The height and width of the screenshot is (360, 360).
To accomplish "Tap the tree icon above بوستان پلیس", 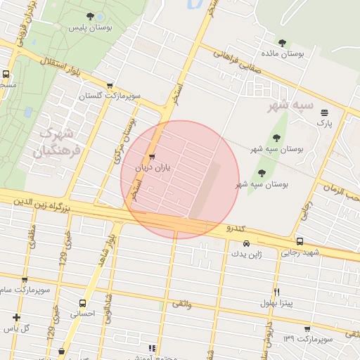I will pyautogui.click(x=89, y=15).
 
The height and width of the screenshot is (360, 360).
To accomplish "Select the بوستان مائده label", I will pyautogui.click(x=283, y=54).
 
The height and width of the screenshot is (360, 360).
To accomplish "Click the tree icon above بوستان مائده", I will pyautogui.click(x=283, y=43).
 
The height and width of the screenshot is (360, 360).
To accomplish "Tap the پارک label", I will pyautogui.click(x=323, y=123).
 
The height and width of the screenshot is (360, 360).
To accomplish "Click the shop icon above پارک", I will pyautogui.click(x=324, y=112).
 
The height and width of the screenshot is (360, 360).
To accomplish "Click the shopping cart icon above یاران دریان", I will pyautogui.click(x=153, y=157).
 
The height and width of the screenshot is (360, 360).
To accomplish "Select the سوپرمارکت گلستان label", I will pyautogui.click(x=110, y=95).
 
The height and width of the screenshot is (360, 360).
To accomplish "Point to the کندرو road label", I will pyautogui.click(x=234, y=229).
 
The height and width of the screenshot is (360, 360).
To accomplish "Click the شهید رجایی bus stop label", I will pyautogui.click(x=301, y=252).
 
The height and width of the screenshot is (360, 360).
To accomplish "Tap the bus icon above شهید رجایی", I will pyautogui.click(x=300, y=241).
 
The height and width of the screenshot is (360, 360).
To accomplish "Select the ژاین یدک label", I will pyautogui.click(x=246, y=255).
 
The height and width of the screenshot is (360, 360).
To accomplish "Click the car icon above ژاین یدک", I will pyautogui.click(x=246, y=244).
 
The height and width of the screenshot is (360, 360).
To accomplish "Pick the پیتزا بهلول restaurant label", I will pyautogui.click(x=277, y=302).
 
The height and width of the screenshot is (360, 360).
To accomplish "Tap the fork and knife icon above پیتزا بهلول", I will pyautogui.click(x=277, y=291).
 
